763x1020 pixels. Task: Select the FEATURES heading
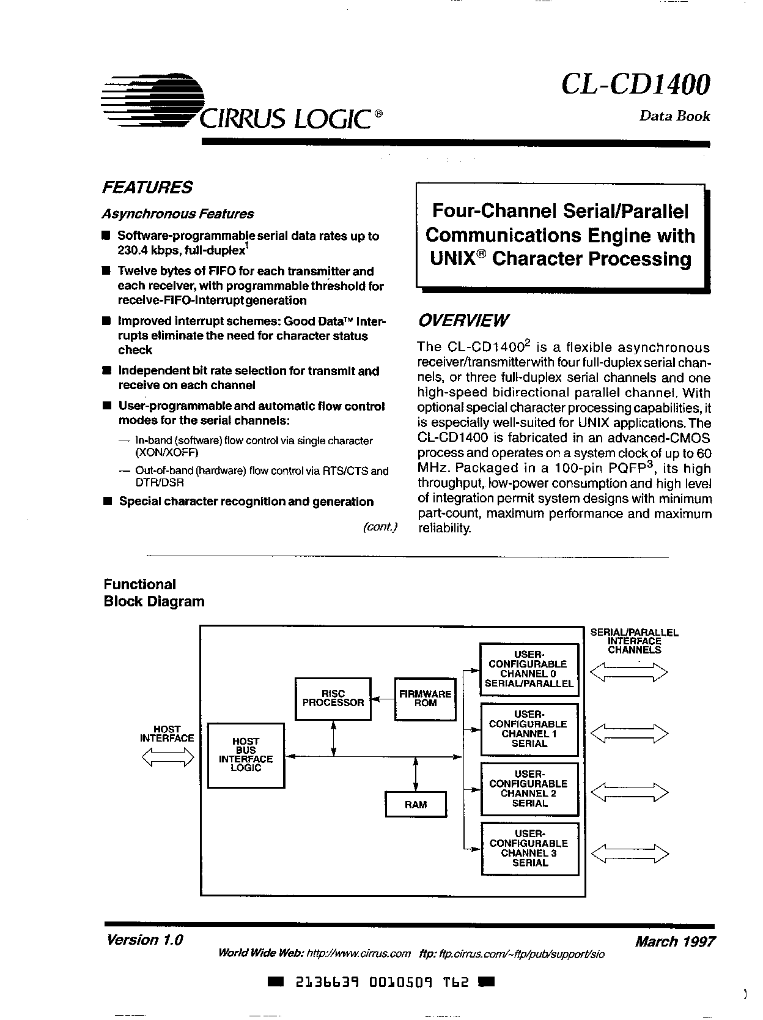pos(147,187)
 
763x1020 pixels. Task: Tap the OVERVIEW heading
pos(463,321)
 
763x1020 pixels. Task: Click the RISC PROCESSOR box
pos(333,699)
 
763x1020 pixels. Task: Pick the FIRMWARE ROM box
pos(425,699)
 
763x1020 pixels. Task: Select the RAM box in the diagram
pos(416,805)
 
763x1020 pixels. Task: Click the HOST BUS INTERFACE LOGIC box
pos(246,754)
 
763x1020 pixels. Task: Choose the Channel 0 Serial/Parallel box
pos(529,669)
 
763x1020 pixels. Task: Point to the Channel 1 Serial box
pos(529,729)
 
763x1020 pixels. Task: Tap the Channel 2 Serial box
pos(529,789)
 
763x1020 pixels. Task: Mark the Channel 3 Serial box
pos(529,848)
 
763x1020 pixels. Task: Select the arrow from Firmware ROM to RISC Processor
pos(383,699)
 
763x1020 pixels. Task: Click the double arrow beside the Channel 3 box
pos(630,853)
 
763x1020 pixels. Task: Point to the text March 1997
pos(674,940)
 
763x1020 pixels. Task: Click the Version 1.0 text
pos(145,940)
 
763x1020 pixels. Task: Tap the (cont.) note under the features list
pos(380,527)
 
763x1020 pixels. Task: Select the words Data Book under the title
pos(674,116)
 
